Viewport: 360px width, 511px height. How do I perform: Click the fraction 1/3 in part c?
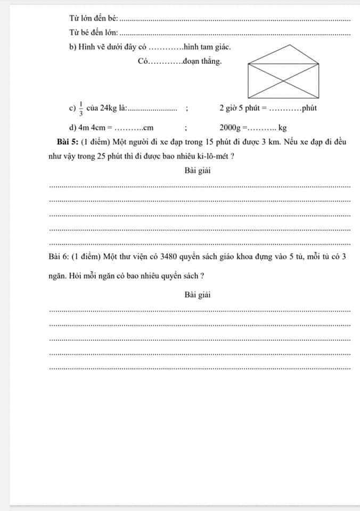81,108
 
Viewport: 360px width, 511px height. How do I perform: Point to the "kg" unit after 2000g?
282,128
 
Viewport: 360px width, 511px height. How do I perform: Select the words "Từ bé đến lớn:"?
94,33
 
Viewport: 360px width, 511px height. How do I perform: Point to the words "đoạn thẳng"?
201,62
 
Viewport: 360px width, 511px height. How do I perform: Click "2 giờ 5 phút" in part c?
239,108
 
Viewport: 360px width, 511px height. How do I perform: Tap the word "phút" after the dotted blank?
310,108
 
